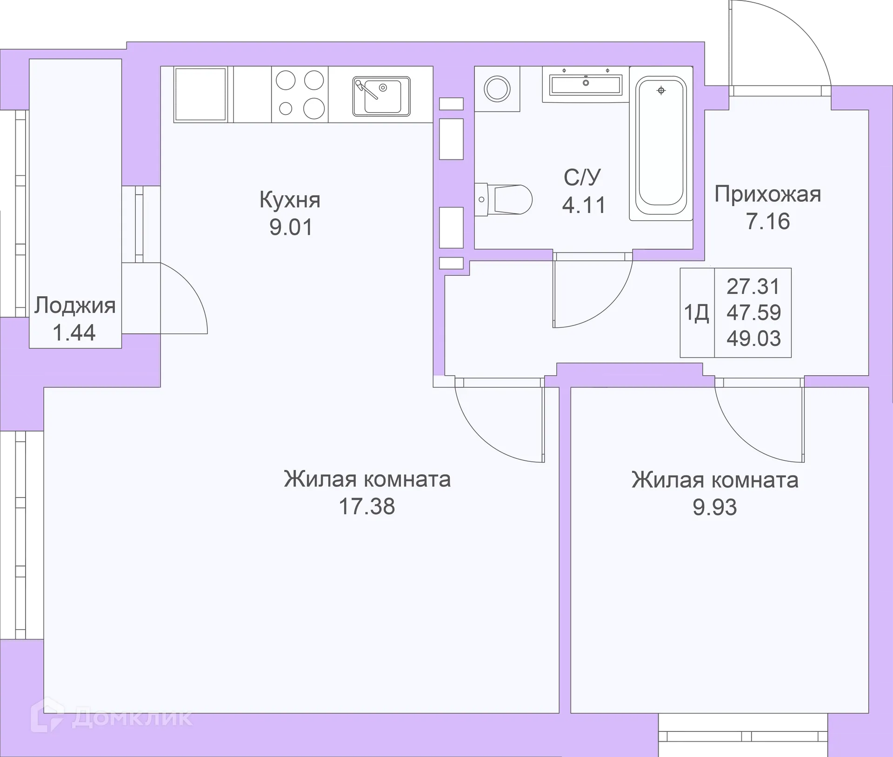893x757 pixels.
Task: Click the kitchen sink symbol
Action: click(381, 96)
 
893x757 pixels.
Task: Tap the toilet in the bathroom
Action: click(504, 199)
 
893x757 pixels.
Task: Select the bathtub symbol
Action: click(661, 142)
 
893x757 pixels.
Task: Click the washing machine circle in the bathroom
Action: click(497, 88)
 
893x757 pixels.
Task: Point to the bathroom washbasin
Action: click(586, 84)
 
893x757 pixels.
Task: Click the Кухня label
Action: click(290, 200)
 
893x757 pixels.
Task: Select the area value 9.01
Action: click(291, 227)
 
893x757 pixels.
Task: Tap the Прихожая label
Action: click(767, 194)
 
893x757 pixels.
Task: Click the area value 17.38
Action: click(367, 506)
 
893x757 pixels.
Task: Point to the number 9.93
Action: click(714, 507)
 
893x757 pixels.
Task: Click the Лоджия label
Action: click(75, 305)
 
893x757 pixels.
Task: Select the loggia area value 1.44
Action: click(74, 333)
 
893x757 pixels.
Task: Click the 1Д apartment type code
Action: click(696, 313)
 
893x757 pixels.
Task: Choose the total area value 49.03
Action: click(753, 339)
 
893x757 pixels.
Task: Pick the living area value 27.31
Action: click(753, 286)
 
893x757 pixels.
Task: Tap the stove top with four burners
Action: click(300, 94)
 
